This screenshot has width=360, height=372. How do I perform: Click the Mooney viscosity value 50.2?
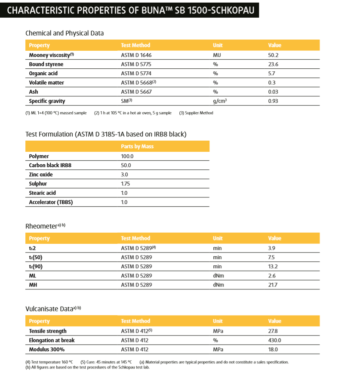[273, 55]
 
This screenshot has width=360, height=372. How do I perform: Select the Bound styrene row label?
[46, 65]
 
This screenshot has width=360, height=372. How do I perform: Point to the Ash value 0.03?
[273, 92]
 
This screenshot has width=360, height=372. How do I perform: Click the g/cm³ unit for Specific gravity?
[220, 101]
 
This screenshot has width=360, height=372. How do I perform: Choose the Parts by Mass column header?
[137, 147]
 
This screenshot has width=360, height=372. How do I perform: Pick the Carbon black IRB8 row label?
[50, 165]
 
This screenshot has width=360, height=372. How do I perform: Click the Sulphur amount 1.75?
[126, 184]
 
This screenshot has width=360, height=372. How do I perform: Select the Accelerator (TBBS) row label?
[51, 202]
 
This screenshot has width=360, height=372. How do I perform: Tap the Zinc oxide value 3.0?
[124, 175]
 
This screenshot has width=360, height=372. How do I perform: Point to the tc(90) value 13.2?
[273, 267]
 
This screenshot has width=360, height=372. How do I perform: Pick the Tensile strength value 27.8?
[273, 331]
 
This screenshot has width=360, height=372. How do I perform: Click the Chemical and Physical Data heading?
[65, 33]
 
